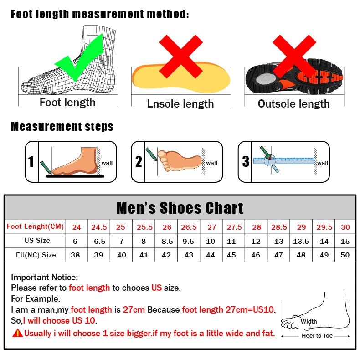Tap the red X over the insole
181,57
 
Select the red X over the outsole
294,57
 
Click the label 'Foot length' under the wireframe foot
67,103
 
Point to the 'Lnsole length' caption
180,104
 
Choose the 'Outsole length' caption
293,104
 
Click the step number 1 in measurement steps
31,162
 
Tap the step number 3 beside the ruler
246,162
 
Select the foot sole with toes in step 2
180,160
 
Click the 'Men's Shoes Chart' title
180,208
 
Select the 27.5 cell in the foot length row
234,227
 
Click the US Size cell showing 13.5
301,241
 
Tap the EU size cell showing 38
76,255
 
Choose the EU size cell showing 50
345,255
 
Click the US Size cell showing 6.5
99,241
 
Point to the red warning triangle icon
18,333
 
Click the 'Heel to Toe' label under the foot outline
317,336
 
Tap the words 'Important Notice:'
45,277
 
